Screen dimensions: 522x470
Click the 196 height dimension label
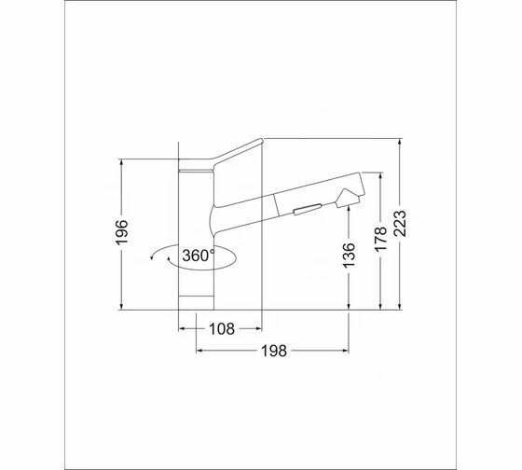[x=122, y=232]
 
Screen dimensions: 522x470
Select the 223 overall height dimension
[x=400, y=223]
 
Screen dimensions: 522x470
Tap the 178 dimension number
[x=381, y=239]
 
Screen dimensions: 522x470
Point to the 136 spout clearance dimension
[x=349, y=256]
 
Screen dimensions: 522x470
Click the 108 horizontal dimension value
[x=222, y=329]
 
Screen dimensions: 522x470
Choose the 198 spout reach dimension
[x=274, y=351]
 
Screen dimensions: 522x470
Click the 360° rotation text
[x=199, y=256]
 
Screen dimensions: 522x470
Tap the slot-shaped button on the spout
[x=308, y=210]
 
